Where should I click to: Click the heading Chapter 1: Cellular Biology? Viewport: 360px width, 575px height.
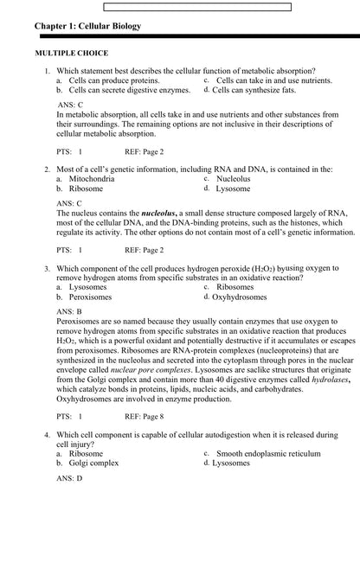coord(87,27)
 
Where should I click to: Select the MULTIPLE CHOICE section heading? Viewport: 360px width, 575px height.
coord(71,54)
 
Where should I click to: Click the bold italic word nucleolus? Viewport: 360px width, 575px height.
coord(158,212)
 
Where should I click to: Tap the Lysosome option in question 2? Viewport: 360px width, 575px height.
coord(233,188)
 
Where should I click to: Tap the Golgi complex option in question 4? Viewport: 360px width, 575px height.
coord(93,463)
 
